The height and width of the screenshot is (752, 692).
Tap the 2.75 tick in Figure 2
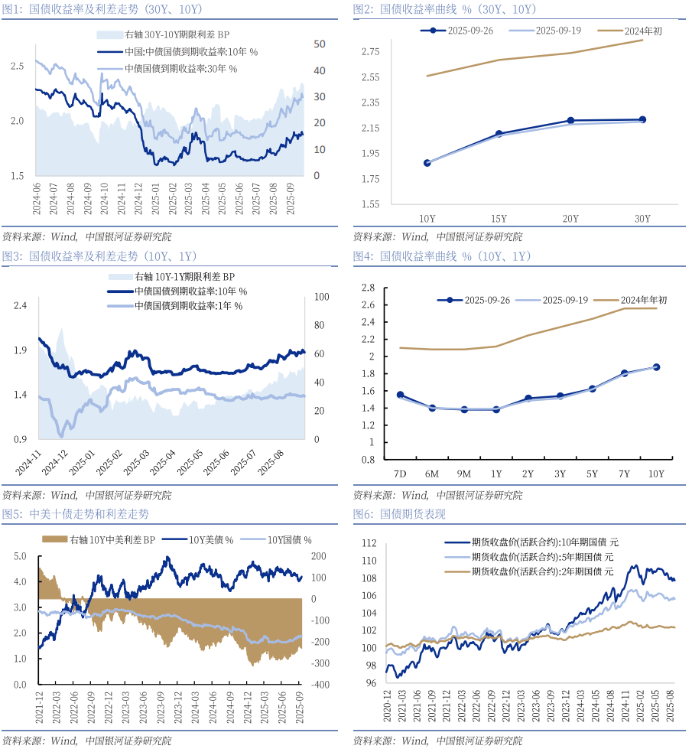coord(371,52)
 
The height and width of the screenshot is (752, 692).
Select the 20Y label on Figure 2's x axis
coord(570,219)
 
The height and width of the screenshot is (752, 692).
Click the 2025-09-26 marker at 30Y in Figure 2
coord(642,119)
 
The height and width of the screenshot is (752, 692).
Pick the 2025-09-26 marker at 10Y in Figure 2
coord(427,163)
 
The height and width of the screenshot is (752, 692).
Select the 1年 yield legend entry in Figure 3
coord(188,306)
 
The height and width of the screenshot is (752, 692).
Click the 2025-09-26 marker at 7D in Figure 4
coord(400,395)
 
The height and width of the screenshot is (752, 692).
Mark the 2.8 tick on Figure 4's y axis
coord(368,288)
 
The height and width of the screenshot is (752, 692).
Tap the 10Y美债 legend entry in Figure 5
coord(211,540)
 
